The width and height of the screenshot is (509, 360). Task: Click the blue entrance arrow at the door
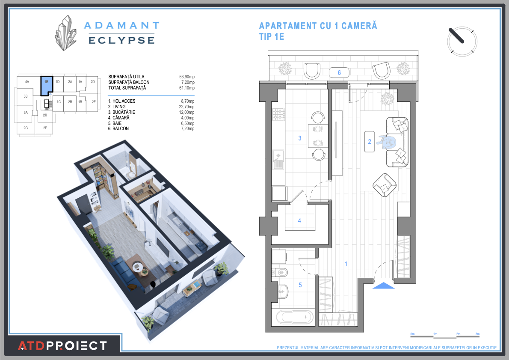(383, 286)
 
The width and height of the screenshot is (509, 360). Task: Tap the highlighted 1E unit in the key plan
(46, 85)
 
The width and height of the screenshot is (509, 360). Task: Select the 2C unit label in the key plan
(45, 115)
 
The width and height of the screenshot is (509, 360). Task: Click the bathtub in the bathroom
(295, 317)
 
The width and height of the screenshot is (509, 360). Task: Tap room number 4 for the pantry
(299, 221)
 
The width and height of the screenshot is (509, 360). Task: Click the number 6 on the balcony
(339, 73)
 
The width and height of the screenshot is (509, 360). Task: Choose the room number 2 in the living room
(370, 142)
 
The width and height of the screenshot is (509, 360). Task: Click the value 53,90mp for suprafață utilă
(186, 77)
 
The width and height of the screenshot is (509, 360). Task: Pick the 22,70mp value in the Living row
(186, 107)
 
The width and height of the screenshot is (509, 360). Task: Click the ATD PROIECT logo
(62, 345)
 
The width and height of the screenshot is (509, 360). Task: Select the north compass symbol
(462, 42)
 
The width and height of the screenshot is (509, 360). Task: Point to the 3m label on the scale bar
(477, 334)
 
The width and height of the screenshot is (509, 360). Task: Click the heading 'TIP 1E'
(272, 37)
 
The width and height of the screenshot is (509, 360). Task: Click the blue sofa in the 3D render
(124, 274)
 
